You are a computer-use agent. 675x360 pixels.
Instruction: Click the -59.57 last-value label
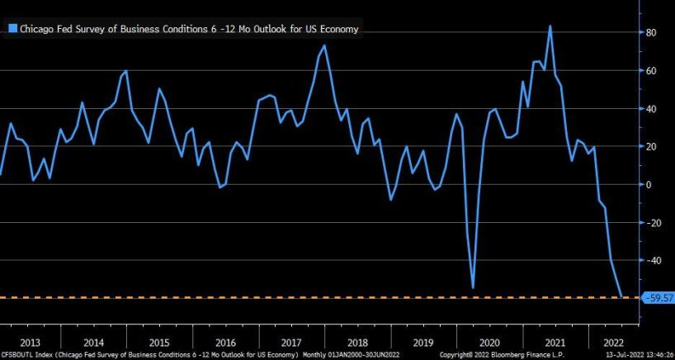tap(657, 297)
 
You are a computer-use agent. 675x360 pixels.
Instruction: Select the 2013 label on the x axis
tap(29, 342)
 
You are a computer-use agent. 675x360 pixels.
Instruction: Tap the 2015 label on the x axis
tap(159, 342)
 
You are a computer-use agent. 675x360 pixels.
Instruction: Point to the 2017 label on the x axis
tap(290, 342)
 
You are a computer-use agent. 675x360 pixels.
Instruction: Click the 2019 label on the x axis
tap(422, 342)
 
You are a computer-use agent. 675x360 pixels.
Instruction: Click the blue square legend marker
tap(12, 29)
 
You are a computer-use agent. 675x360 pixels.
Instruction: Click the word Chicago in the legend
tap(36, 29)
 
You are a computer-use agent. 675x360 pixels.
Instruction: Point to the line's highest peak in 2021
tap(550, 26)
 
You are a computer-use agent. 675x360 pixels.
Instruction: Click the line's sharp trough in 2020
tap(473, 287)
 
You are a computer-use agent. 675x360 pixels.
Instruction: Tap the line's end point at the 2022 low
tap(621, 296)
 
